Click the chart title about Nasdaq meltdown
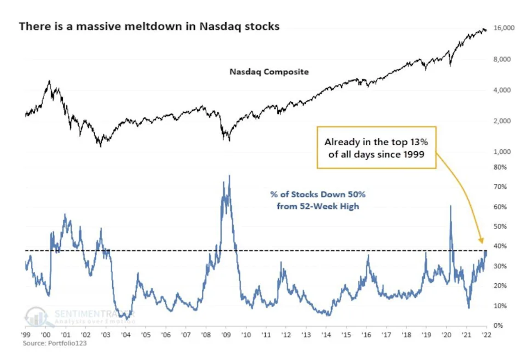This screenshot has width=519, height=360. coord(149,27)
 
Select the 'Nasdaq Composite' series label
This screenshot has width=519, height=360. coord(269,72)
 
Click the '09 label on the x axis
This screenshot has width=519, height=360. coord(226,334)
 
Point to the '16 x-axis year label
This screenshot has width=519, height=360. coord(366,334)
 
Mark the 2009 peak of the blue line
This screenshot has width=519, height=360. coord(229,175)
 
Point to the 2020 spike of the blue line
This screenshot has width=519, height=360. coord(451,206)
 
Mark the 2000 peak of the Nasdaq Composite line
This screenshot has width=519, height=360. coord(49,81)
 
